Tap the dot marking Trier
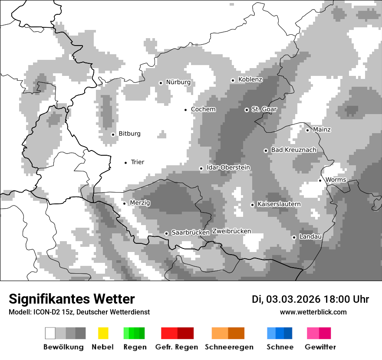tap(125, 163)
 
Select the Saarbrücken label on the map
tap(191, 232)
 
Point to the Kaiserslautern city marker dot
tap(252, 205)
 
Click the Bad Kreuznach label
tap(293, 150)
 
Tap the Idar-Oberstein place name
tap(228, 167)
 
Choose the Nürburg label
tap(178, 82)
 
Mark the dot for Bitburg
tap(113, 134)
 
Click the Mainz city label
tap(322, 130)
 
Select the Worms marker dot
tap(320, 180)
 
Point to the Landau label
tap(310, 237)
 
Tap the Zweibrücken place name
tap(231, 231)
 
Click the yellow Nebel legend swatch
tap(103, 333)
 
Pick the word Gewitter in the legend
tap(320, 347)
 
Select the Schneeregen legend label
tap(229, 347)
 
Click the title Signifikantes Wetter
tap(72, 299)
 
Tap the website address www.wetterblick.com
tap(313, 312)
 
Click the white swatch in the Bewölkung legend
tap(50, 333)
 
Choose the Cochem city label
tap(203, 109)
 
